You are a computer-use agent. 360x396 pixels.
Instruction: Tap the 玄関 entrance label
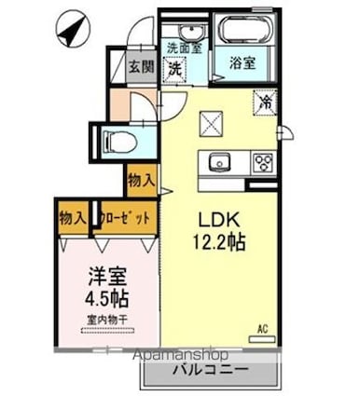pos(141,66)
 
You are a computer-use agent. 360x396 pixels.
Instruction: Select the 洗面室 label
pos(182,47)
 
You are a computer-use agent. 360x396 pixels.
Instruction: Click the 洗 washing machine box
pos(175,68)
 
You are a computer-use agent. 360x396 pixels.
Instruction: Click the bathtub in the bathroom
pos(245,33)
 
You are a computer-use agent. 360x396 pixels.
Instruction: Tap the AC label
pos(263,327)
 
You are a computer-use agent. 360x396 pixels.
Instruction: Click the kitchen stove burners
pos(262,162)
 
